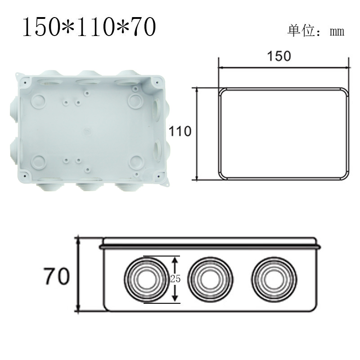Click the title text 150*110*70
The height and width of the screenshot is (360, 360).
click(89, 28)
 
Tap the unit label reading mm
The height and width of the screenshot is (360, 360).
click(337, 31)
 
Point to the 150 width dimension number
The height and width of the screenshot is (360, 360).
click(279, 56)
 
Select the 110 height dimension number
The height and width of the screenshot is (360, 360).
click(180, 131)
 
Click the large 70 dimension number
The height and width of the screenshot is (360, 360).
click(57, 276)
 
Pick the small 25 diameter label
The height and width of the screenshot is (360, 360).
click(175, 279)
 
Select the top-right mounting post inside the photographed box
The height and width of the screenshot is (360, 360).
click(135, 100)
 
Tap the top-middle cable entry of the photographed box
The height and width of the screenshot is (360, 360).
click(88, 80)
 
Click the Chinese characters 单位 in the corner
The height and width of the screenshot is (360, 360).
click(299, 31)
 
